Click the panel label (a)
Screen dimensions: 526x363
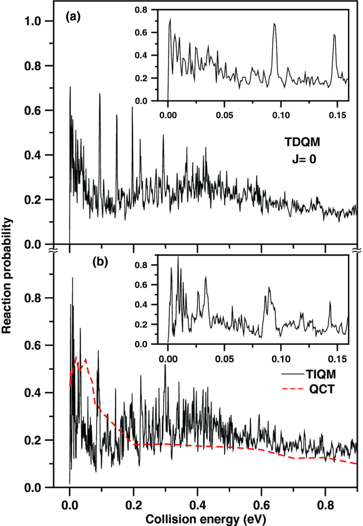[x=72, y=17]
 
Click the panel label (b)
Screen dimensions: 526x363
[x=100, y=262]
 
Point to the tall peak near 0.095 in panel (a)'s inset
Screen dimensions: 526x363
[x=274, y=24]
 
